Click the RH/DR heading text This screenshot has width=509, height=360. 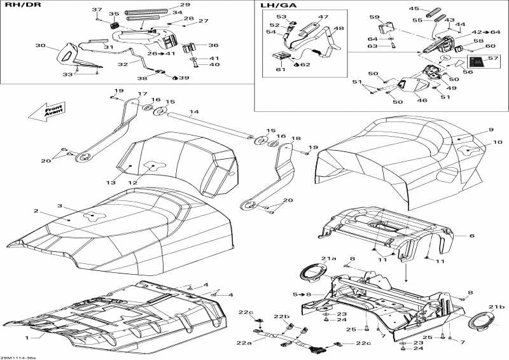[17, 5]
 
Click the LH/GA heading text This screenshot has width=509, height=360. [275, 6]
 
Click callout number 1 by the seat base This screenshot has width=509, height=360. [27, 337]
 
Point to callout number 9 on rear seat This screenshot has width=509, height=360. [491, 130]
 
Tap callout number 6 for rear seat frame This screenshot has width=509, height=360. [472, 236]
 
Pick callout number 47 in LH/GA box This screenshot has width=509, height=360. [323, 17]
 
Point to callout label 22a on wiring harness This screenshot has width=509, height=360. [244, 343]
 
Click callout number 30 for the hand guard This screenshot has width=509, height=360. [41, 45]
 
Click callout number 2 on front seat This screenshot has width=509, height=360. [36, 211]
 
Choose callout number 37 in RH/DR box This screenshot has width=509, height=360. [97, 10]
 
